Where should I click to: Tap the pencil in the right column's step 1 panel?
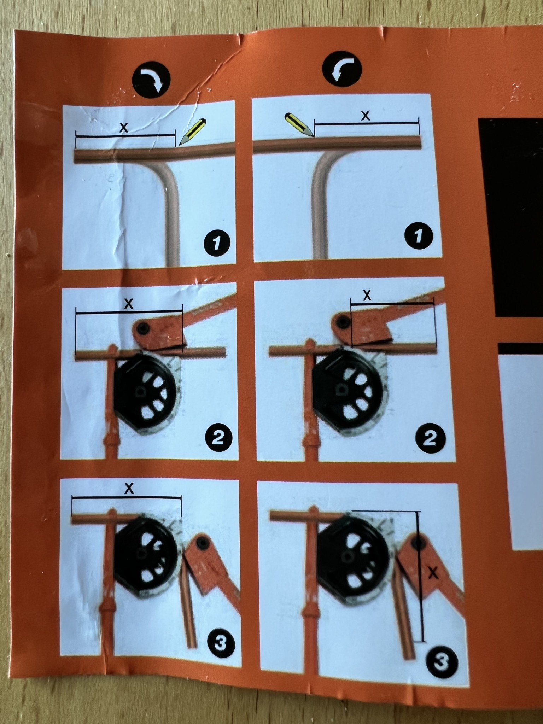coord(299,125)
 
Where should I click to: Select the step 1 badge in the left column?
coord(217,243)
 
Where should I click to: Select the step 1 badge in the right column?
coord(419,236)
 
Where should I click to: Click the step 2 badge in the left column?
coord(219,439)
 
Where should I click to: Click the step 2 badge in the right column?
coord(430,439)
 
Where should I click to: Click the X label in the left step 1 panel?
coord(123,128)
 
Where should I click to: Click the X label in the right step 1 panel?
coord(366,115)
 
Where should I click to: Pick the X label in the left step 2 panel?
coord(129,304)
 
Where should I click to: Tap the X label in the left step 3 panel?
coord(129,489)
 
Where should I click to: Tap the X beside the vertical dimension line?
coord(433,573)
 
